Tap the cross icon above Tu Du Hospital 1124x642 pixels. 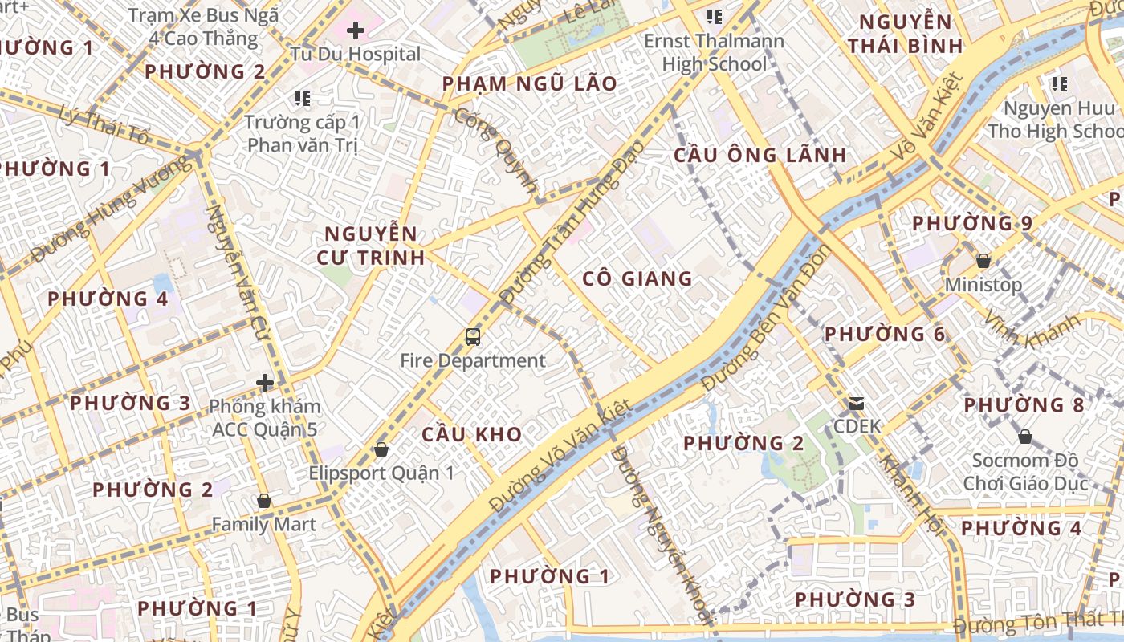[356, 31]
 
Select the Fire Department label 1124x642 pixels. [473, 360]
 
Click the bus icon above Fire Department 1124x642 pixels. [473, 337]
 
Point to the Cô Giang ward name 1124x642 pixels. [637, 278]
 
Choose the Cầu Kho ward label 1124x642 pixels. [472, 434]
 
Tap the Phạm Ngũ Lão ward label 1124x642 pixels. [530, 83]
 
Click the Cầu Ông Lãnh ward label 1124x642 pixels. [760, 155]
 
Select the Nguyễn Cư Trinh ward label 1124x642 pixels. [374, 246]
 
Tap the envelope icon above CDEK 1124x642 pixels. [857, 403]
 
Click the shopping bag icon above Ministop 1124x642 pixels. [983, 261]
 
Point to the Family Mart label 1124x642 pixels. [263, 524]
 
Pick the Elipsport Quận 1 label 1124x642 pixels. [381, 473]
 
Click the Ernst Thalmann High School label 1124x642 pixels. [715, 52]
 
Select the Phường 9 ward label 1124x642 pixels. [972, 222]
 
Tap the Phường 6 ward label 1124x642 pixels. [885, 334]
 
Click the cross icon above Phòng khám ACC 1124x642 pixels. [265, 383]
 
